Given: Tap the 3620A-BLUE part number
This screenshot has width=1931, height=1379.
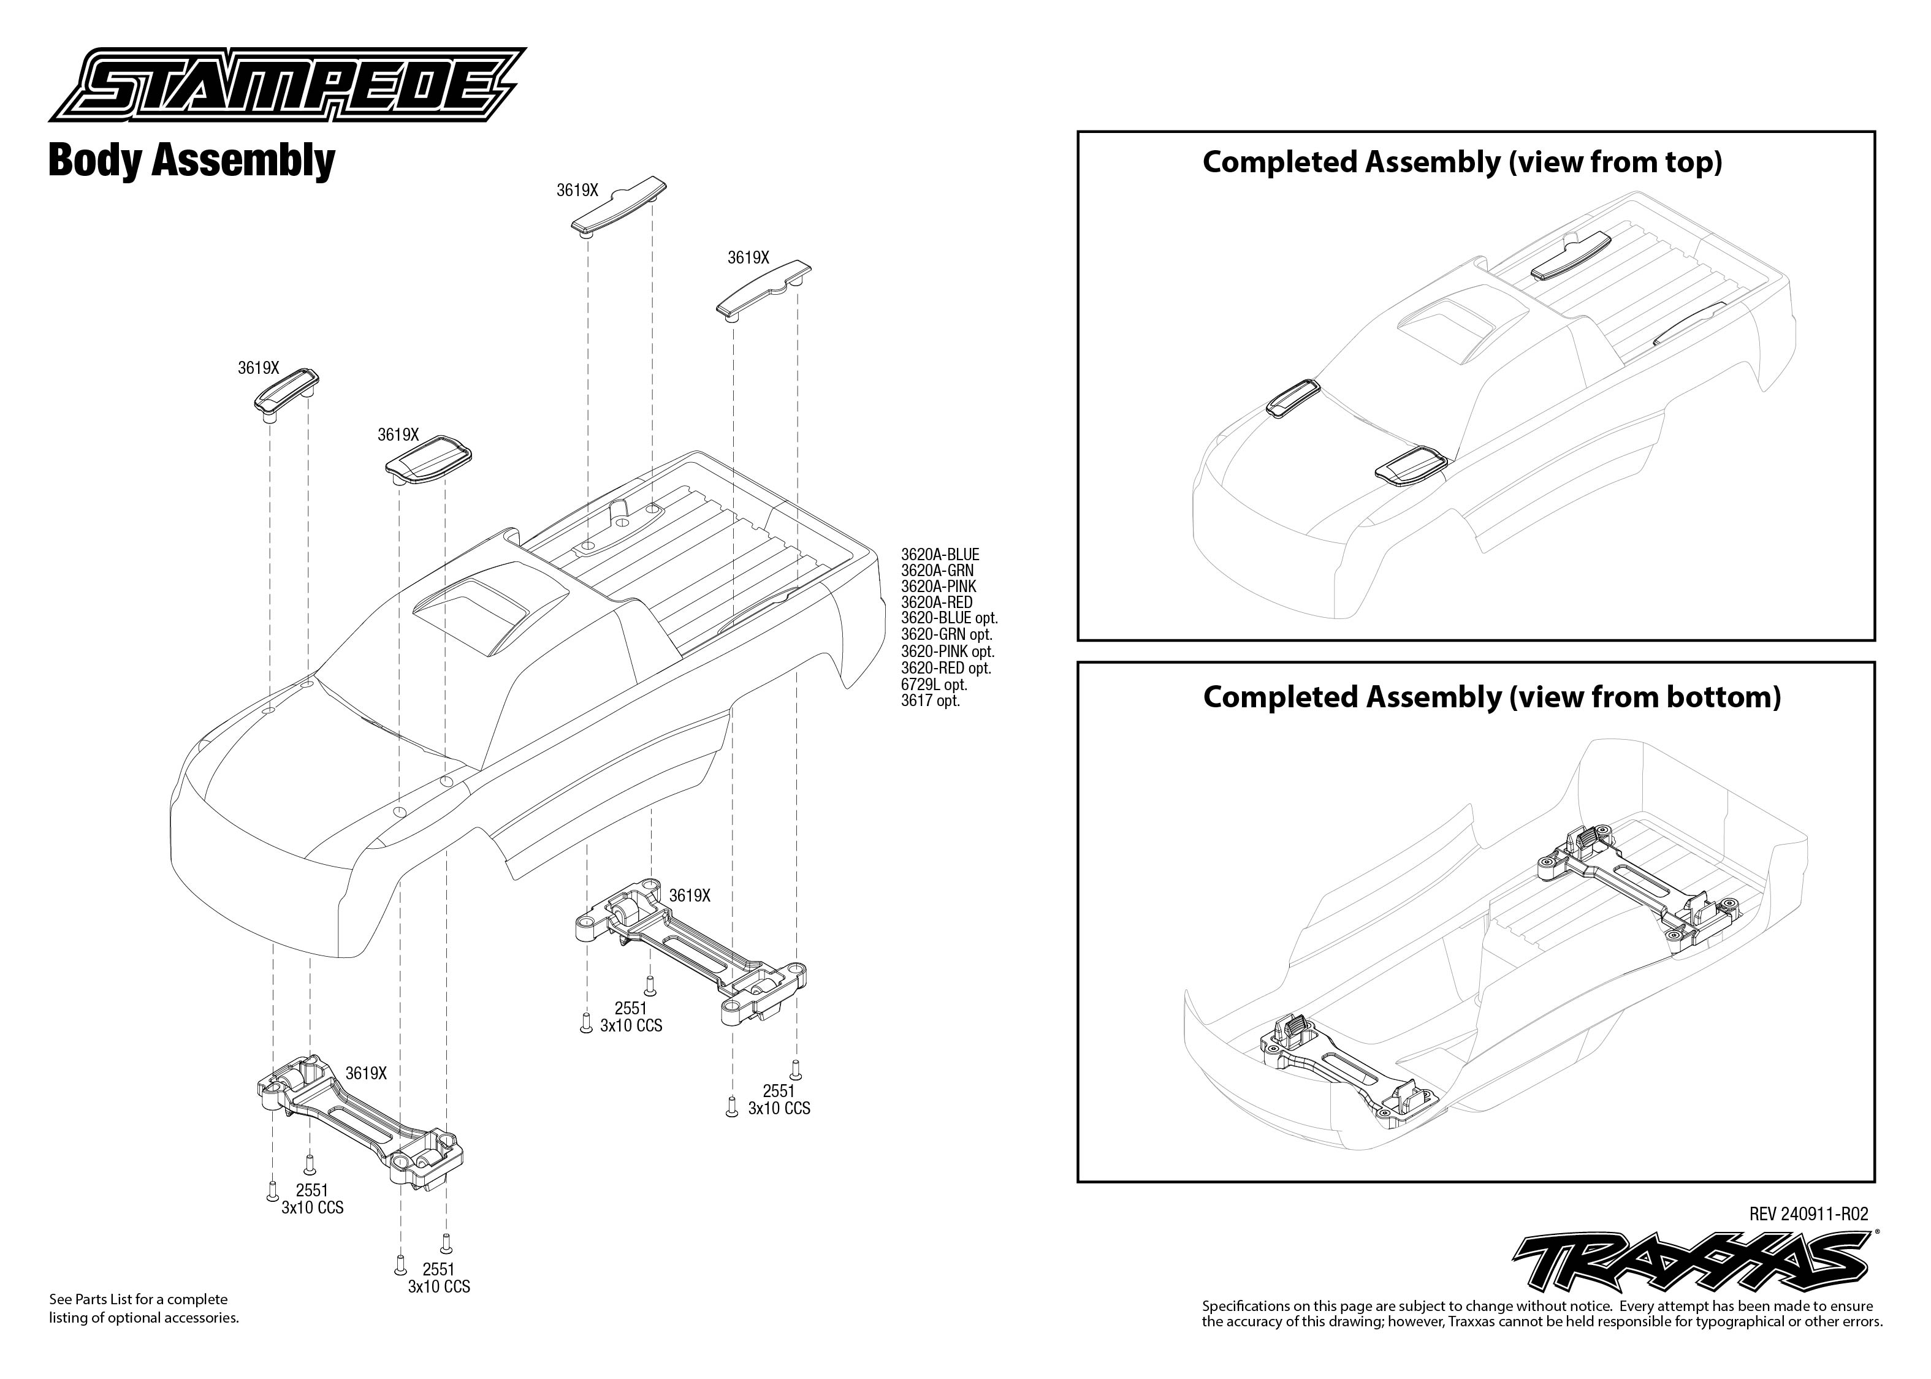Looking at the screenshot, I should point(939,555).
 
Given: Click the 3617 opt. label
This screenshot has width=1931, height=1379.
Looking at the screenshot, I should point(930,701).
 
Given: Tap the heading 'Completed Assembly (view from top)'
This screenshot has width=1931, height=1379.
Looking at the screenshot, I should point(1462,162).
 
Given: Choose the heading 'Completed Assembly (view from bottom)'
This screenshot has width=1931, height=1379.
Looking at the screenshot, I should point(1491,697).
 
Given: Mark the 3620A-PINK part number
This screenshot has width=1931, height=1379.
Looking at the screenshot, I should point(939,587).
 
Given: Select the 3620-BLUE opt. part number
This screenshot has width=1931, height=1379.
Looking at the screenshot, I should point(948,619).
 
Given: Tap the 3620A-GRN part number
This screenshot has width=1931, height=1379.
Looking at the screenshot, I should point(937,571).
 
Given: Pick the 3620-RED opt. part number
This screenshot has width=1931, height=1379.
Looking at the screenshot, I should point(946,668).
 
